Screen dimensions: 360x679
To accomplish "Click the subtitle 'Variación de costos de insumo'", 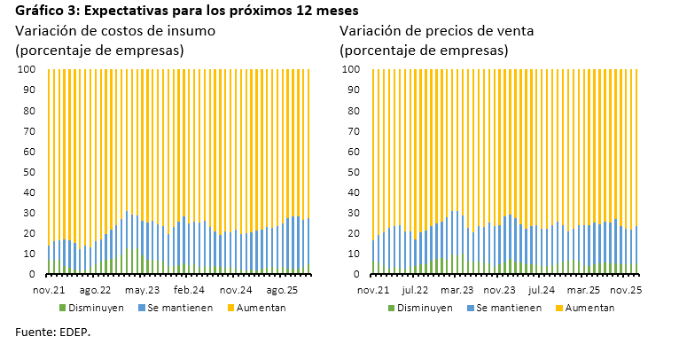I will point(115,30).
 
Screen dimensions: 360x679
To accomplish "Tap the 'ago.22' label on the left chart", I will point(95,289).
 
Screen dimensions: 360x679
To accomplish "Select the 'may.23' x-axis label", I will point(142,289).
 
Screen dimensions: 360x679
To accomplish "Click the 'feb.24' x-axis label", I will point(189,289).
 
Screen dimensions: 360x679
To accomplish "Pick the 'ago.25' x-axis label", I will point(283,289).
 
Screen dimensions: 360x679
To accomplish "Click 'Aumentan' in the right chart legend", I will point(587,308).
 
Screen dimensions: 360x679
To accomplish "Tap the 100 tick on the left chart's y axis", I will point(29,69).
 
